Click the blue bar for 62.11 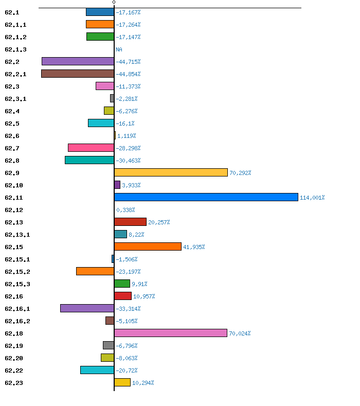[206, 197]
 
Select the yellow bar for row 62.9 [171, 172]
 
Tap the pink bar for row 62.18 [171, 333]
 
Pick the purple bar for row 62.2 [78, 61]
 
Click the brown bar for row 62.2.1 [78, 74]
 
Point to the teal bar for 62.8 [89, 160]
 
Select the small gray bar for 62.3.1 [112, 98]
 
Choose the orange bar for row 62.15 [148, 246]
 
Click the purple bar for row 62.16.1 [87, 308]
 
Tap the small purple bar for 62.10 [117, 185]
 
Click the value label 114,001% [312, 198]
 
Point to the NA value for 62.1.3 [119, 49]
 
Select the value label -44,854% [128, 74]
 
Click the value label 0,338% [125, 210]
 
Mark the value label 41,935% [194, 248]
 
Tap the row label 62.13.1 [17, 235]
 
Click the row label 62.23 [14, 383]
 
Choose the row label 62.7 [12, 148]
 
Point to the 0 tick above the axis [114, 3]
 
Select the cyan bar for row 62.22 [97, 370]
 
